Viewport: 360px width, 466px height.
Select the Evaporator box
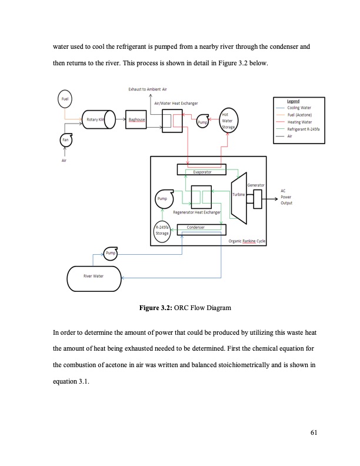tap(202, 170)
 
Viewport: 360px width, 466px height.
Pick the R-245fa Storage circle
tap(162, 230)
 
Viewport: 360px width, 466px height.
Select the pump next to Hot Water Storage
tap(203, 121)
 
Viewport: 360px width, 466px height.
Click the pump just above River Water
tap(110, 253)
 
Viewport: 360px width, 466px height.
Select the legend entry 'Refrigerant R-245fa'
tap(304, 129)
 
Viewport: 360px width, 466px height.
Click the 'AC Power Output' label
tap(286, 199)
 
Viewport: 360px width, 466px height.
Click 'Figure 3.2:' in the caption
tap(155, 308)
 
